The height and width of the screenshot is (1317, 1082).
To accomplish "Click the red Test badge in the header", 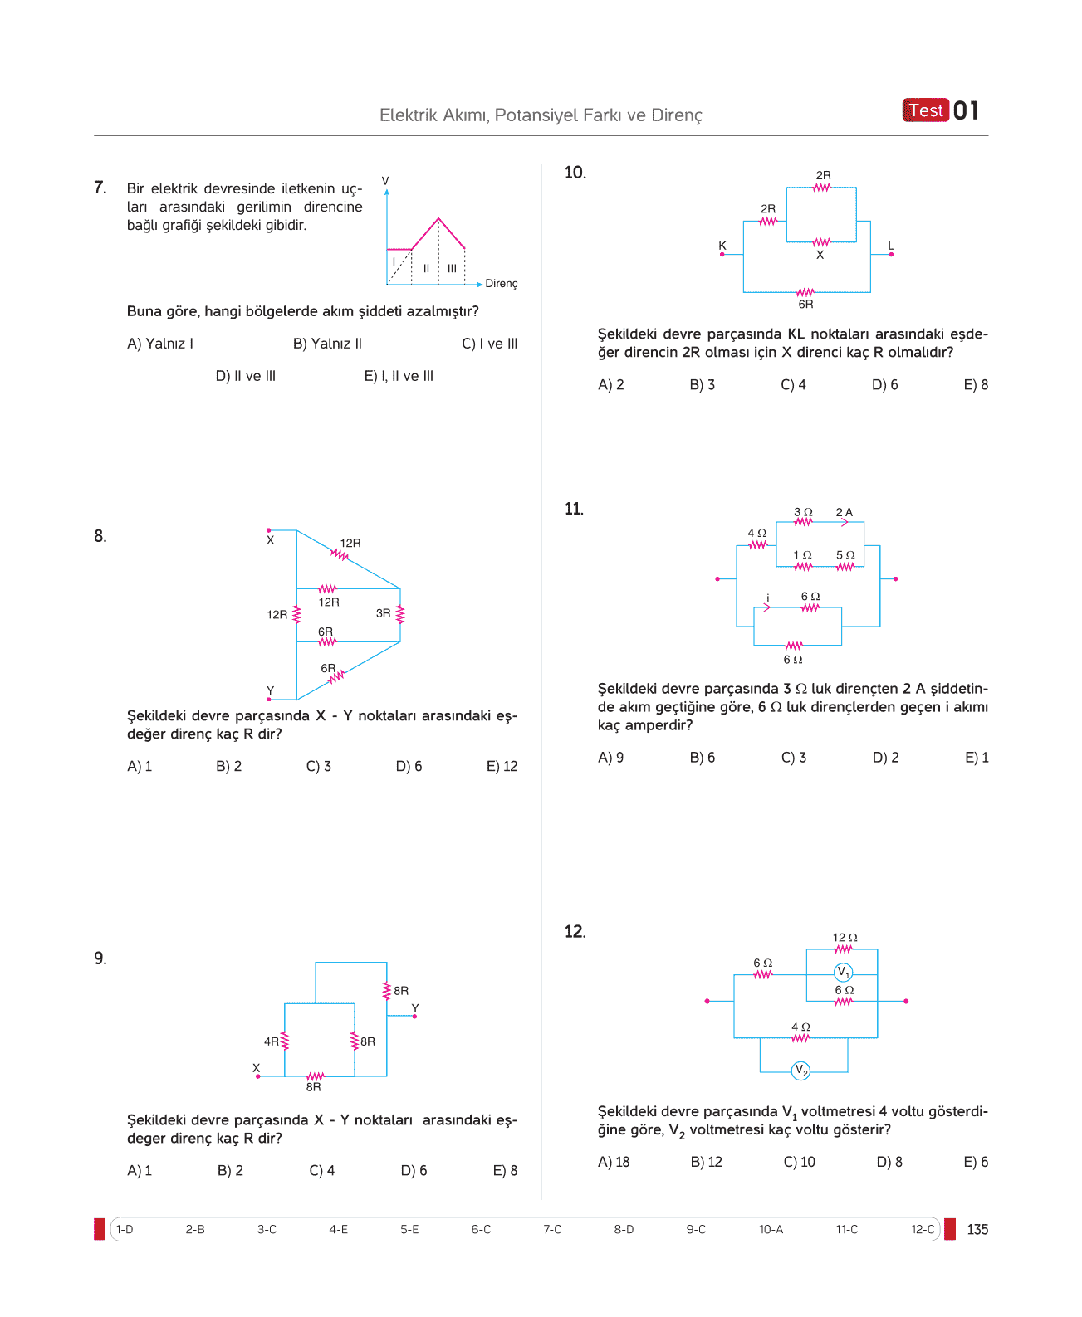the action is tap(925, 110).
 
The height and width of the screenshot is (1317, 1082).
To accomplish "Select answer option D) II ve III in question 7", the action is tap(246, 376).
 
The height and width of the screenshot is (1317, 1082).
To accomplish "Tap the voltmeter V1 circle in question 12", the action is tap(843, 972).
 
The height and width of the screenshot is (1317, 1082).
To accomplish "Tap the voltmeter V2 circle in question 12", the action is tap(800, 1071).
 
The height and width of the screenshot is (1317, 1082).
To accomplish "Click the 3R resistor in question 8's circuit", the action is tap(399, 614).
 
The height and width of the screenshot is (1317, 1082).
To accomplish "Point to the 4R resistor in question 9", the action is tap(284, 1041).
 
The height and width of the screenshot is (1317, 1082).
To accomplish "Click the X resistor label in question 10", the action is tap(820, 255).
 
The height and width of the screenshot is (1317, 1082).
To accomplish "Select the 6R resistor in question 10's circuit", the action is tap(805, 292).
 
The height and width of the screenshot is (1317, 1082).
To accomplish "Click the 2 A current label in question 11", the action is tap(844, 512).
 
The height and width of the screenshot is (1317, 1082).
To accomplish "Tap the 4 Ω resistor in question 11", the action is tap(758, 544).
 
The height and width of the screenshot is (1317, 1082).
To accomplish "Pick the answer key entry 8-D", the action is tap(624, 1229).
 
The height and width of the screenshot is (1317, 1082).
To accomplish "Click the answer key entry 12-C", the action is tap(922, 1229).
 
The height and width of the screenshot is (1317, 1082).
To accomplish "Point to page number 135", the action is tap(977, 1230).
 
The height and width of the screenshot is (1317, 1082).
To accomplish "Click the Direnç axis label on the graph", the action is tap(501, 284).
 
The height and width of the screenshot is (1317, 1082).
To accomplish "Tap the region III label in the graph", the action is tap(452, 269).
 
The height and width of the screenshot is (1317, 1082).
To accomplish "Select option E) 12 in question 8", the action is tap(502, 766).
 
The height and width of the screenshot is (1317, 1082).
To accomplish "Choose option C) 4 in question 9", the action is tap(321, 1170).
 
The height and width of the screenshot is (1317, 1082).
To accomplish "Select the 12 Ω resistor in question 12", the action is tap(843, 949).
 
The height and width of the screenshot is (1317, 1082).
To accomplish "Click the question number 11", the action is tap(574, 509).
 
